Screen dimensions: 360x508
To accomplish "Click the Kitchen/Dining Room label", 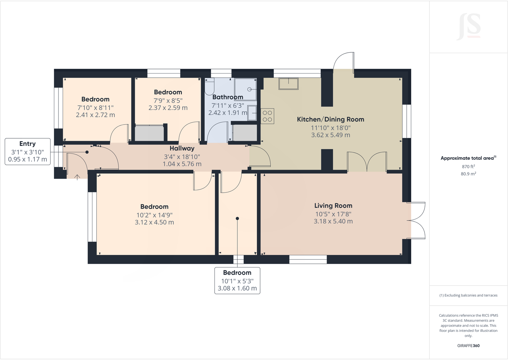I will click(330, 119).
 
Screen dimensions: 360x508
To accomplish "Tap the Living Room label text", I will click(333, 206).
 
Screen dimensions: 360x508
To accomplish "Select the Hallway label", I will click(182, 148).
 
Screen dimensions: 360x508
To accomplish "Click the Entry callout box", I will click(27, 151).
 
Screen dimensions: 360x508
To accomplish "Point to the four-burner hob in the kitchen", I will click(267, 116).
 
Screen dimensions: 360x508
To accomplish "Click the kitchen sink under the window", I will click(288, 84).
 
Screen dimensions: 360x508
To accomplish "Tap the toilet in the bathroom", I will click(209, 86).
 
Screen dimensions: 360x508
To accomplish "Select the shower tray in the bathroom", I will click(245, 89).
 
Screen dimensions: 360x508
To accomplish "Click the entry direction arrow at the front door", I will click(77, 177).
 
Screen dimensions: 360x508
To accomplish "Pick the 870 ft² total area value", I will click(468, 166).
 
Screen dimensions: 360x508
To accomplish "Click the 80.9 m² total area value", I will click(468, 174).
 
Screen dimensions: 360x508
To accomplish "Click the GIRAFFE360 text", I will click(468, 346).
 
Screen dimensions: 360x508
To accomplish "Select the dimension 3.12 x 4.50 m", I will click(154, 222).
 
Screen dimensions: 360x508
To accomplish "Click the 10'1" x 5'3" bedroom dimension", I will click(237, 281).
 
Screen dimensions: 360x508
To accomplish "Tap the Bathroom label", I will click(227, 97).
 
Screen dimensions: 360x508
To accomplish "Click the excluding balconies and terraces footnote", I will click(468, 295).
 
